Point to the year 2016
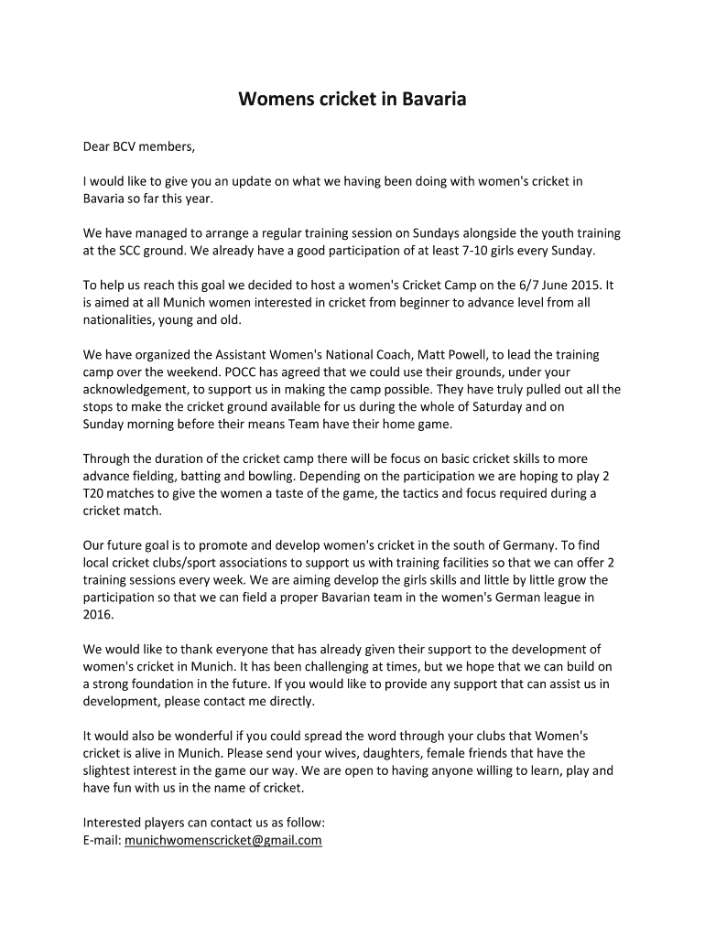pos(98,615)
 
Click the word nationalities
pos(118,319)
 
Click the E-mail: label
pos(102,839)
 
